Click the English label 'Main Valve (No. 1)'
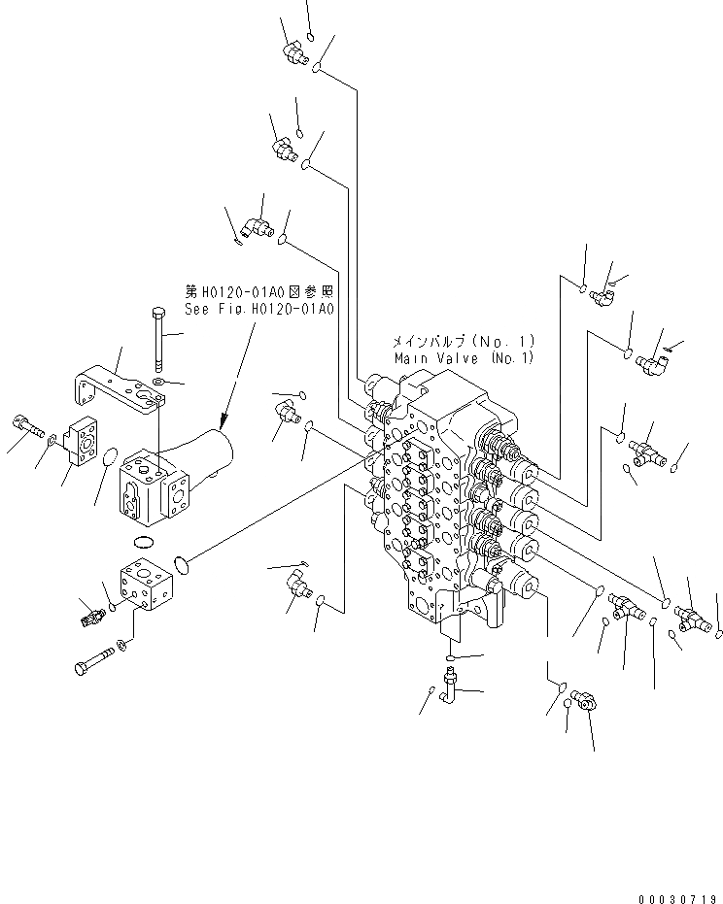click(464, 357)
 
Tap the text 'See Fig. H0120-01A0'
click(259, 309)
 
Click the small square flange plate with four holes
click(85, 440)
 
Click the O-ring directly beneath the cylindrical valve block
click(143, 540)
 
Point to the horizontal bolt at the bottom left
click(91, 667)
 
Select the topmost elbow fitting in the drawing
click(291, 53)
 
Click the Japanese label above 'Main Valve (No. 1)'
click(462, 342)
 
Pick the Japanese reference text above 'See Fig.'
click(259, 290)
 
